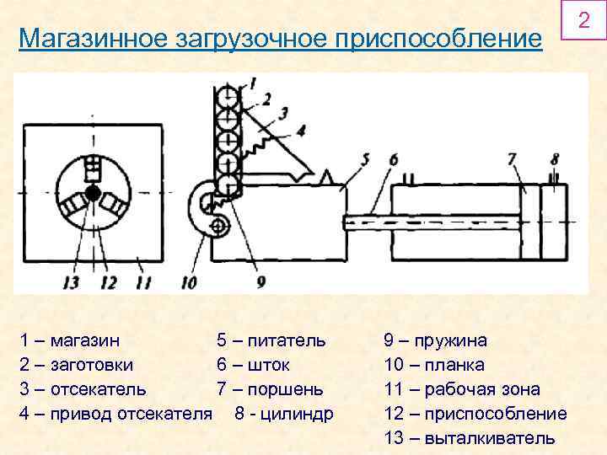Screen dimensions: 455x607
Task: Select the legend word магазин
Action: tap(85, 341)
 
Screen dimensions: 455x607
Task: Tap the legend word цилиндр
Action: tap(296, 415)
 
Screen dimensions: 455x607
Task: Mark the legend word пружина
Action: tap(456, 341)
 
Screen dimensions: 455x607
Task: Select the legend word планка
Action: tap(455, 366)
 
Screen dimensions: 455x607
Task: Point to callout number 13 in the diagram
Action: tap(71, 282)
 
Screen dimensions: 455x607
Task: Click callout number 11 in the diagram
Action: tap(143, 282)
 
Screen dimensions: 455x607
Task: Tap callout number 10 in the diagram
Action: tap(188, 282)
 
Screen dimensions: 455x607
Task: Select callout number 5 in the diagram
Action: tap(363, 158)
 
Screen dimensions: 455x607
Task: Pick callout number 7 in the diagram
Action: tap(512, 158)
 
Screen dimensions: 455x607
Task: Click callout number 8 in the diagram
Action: tap(554, 158)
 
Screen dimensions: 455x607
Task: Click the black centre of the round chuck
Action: tap(92, 194)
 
